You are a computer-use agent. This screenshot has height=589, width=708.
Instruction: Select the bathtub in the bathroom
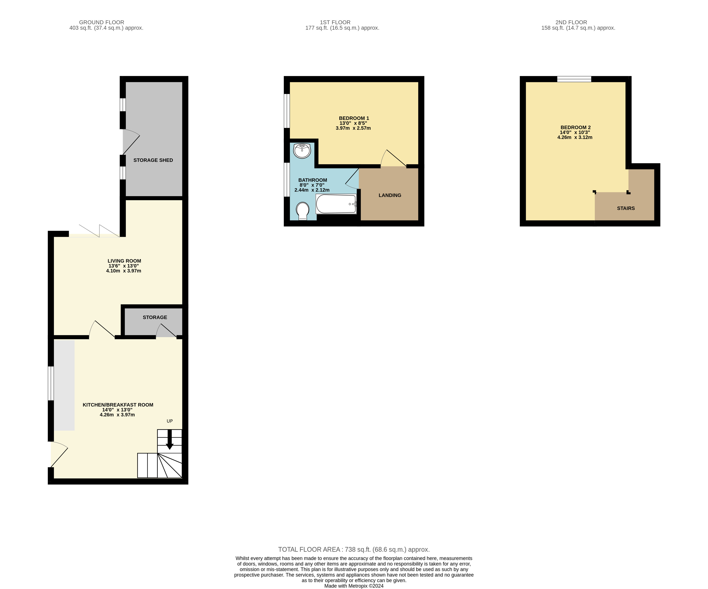tap(336, 204)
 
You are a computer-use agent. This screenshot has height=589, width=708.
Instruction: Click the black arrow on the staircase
tap(170, 439)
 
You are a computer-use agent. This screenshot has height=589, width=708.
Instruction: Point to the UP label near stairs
tap(170, 421)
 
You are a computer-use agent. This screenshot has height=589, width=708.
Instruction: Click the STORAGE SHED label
tap(153, 160)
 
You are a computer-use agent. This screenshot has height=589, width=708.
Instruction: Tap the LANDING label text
tap(390, 195)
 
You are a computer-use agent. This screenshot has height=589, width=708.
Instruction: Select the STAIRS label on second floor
tap(626, 208)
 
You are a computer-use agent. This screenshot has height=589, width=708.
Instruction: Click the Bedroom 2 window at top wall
tap(574, 79)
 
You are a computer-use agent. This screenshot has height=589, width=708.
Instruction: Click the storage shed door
tap(131, 142)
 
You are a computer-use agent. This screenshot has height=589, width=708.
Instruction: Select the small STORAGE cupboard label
tap(155, 317)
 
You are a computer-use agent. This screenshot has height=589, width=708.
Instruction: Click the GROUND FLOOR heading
tap(102, 22)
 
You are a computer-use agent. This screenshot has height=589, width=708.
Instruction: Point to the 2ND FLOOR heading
tap(571, 22)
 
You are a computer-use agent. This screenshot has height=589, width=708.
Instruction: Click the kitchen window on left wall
tap(50, 383)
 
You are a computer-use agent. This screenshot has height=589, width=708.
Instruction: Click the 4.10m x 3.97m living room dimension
tap(123, 271)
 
